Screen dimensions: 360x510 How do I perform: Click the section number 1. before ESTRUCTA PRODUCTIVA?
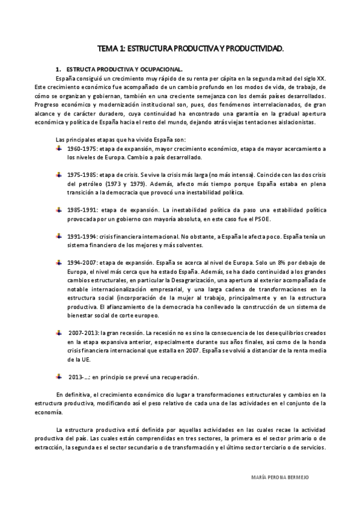pos(58,69)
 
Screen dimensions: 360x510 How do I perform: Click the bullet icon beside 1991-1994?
pos(59,236)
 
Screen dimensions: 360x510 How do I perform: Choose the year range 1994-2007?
pos(82,263)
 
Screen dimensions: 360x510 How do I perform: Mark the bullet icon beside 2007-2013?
pos(59,332)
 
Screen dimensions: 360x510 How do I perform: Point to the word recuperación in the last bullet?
pos(176,377)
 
